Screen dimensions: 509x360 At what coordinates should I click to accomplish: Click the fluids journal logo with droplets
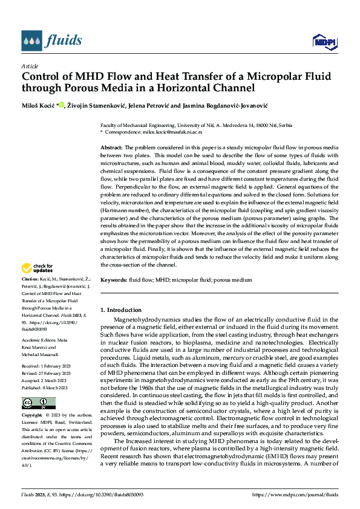[51, 41]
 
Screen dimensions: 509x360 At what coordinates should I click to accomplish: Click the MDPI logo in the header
[322, 41]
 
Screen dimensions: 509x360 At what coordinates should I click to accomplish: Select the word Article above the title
[30, 66]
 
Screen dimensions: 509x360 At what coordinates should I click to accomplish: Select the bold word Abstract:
[111, 148]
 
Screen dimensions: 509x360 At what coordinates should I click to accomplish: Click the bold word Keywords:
[113, 280]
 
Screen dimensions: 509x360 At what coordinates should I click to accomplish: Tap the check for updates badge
[38, 267]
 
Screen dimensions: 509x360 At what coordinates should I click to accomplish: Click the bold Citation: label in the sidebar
[31, 279]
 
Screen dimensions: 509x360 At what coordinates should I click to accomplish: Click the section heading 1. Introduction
[121, 310]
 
